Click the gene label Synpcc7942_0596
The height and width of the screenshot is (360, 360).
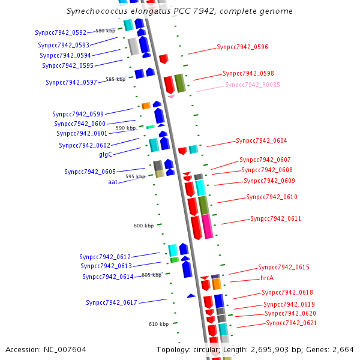pyautogui.click(x=242, y=46)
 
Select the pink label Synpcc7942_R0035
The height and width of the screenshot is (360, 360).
pyautogui.click(x=252, y=85)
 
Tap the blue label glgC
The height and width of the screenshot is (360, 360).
pyautogui.click(x=105, y=154)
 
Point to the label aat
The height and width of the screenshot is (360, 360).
pyautogui.click(x=113, y=182)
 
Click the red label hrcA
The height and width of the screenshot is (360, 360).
pyautogui.click(x=267, y=278)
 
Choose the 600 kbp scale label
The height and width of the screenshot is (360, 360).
pyautogui.click(x=143, y=226)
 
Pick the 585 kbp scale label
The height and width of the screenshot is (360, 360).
pyautogui.click(x=116, y=79)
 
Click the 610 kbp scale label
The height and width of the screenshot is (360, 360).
pyautogui.click(x=159, y=324)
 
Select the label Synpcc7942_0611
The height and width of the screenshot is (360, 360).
pyautogui.click(x=276, y=218)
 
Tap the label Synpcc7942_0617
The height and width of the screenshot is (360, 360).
pyautogui.click(x=112, y=302)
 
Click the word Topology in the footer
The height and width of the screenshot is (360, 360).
pyautogui.click(x=173, y=349)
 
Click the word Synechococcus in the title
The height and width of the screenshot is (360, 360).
pyautogui.click(x=97, y=11)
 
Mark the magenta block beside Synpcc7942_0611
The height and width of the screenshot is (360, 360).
pyautogui.click(x=207, y=226)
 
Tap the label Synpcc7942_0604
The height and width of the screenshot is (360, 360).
pyautogui.click(x=262, y=140)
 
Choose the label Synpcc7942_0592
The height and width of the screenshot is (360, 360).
pyautogui.click(x=61, y=32)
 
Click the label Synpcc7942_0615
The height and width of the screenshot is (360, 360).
pyautogui.click(x=284, y=267)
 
